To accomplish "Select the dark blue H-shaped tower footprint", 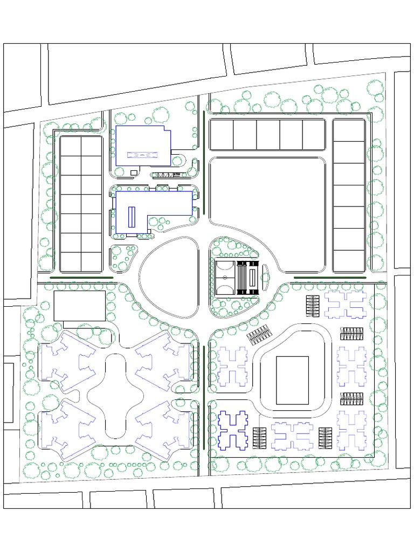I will coord(234,430).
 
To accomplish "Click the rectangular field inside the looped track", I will coord(292,380).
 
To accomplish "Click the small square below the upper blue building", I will coord(133,172).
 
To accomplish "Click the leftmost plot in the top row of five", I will coord(222,135).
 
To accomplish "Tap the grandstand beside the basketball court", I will coord(249,277).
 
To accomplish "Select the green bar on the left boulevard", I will coord(81,278).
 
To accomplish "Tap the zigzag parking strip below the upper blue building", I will coord(164,175).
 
